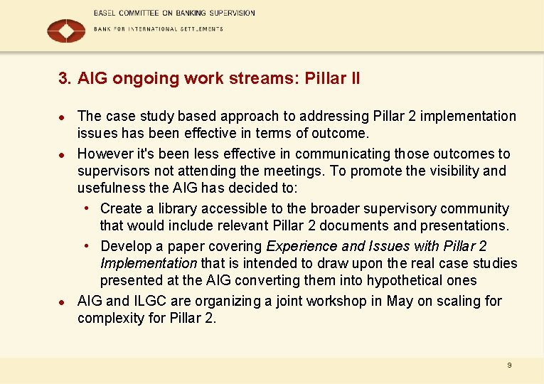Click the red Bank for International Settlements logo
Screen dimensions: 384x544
coord(65,31)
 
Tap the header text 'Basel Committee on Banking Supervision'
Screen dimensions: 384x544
coord(174,13)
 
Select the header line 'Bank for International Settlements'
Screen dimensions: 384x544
coord(159,29)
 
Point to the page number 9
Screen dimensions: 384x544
coord(509,365)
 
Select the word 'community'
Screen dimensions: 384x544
coord(475,208)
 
